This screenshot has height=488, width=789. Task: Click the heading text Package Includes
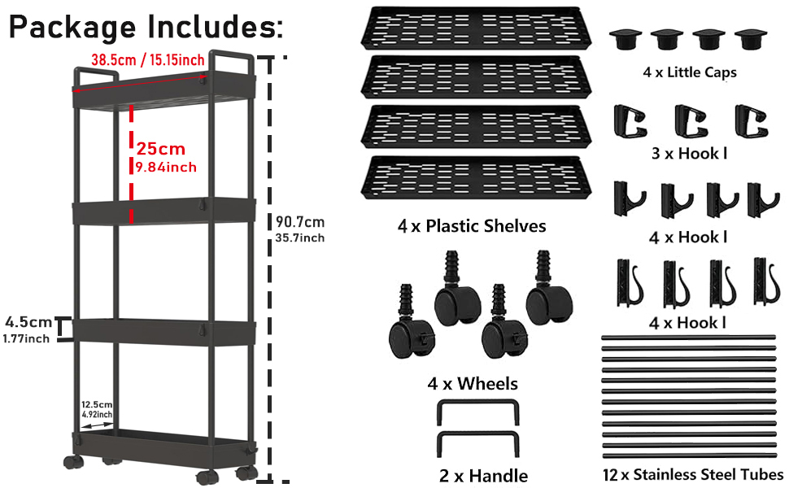(146, 26)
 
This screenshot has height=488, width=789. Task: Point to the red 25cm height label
(162, 150)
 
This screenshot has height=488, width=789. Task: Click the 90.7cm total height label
(299, 221)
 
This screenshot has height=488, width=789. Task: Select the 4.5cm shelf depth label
(28, 322)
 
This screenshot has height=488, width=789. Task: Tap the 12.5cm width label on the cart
(96, 404)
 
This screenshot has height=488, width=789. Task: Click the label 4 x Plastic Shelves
(472, 226)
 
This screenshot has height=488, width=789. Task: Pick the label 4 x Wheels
(473, 382)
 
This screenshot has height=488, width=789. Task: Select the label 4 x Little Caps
(690, 72)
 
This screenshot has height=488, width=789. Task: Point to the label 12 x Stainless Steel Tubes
(692, 474)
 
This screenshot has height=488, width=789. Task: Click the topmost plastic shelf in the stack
(471, 31)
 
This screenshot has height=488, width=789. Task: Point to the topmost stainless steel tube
(693, 337)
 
